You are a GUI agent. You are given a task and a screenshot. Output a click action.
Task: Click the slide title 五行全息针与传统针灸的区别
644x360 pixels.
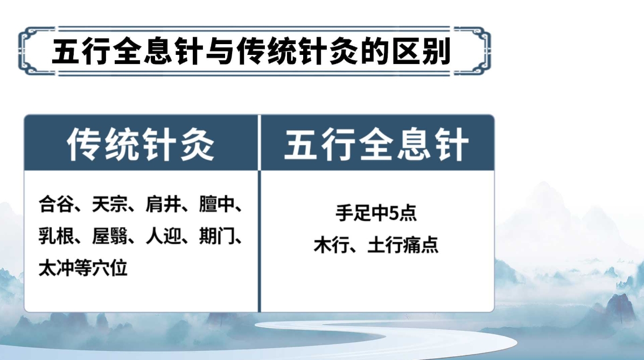(x=251, y=51)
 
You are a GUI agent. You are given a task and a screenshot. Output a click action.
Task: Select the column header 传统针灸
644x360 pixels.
(x=141, y=144)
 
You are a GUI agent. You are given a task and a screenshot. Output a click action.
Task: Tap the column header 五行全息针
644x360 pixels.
(x=376, y=144)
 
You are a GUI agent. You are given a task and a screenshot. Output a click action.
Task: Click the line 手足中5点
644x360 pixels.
(x=376, y=213)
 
